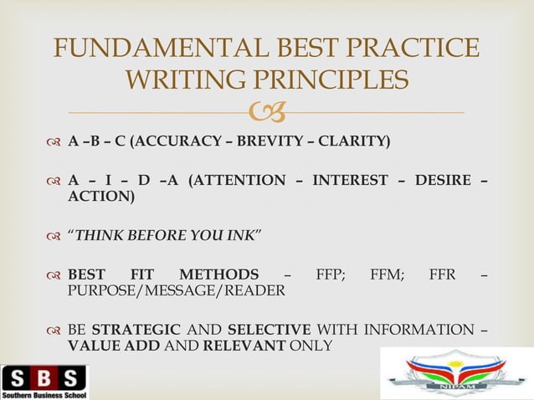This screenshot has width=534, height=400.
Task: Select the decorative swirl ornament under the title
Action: coord(269,110)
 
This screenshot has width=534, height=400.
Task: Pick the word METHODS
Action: coord(219,274)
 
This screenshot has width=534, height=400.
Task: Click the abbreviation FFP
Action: coord(331,274)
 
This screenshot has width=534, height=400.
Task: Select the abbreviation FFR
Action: coord(442,274)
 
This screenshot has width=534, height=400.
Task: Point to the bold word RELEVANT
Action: coord(244,346)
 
